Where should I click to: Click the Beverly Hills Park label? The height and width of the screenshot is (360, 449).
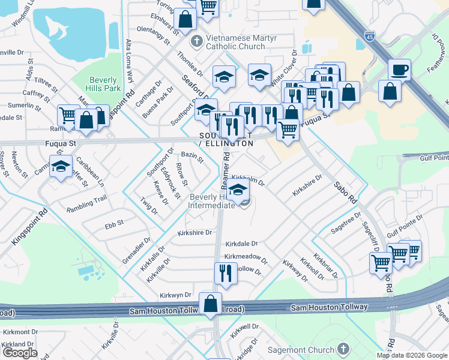point(105,84)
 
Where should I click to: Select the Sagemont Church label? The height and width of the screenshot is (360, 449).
point(309,350)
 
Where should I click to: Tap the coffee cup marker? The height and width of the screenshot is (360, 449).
point(399,70)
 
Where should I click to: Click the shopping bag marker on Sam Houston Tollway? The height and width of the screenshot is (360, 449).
point(211,304)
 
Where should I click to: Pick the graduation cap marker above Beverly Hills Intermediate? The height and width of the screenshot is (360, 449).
point(238,191)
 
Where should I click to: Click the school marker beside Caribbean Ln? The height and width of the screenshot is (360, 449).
point(61,166)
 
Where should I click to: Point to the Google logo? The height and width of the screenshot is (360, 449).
point(20,353)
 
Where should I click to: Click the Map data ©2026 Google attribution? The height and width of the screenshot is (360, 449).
point(411,355)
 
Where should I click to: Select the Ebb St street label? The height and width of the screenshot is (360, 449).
point(113,223)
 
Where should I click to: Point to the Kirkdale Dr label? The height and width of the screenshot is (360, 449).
point(241,244)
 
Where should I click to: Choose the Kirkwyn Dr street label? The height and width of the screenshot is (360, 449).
point(175,295)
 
